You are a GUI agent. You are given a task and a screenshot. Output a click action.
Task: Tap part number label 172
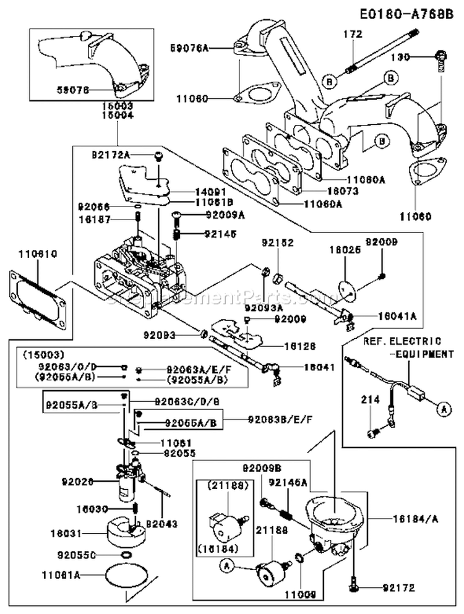click(352, 35)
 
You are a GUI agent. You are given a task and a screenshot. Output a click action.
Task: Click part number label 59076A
click(189, 46)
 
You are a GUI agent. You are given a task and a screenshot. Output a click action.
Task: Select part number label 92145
click(217, 234)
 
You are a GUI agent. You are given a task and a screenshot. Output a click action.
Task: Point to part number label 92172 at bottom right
click(398, 587)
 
